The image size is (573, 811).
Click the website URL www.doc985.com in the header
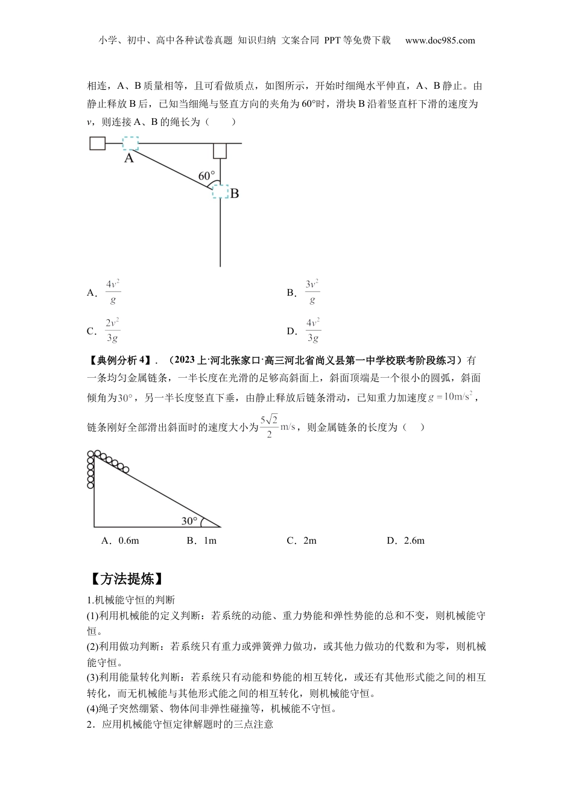440,40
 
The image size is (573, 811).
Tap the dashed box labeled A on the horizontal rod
130,144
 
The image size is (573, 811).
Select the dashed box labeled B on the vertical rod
220,191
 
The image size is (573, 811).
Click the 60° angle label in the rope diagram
206,176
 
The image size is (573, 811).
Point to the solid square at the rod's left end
97,143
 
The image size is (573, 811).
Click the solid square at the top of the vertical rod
220,150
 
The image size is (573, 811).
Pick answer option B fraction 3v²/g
312,292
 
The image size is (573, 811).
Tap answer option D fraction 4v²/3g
312,330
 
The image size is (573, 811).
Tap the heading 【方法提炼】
125,579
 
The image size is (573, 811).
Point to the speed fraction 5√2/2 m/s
277,427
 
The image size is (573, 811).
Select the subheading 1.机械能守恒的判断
131,600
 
